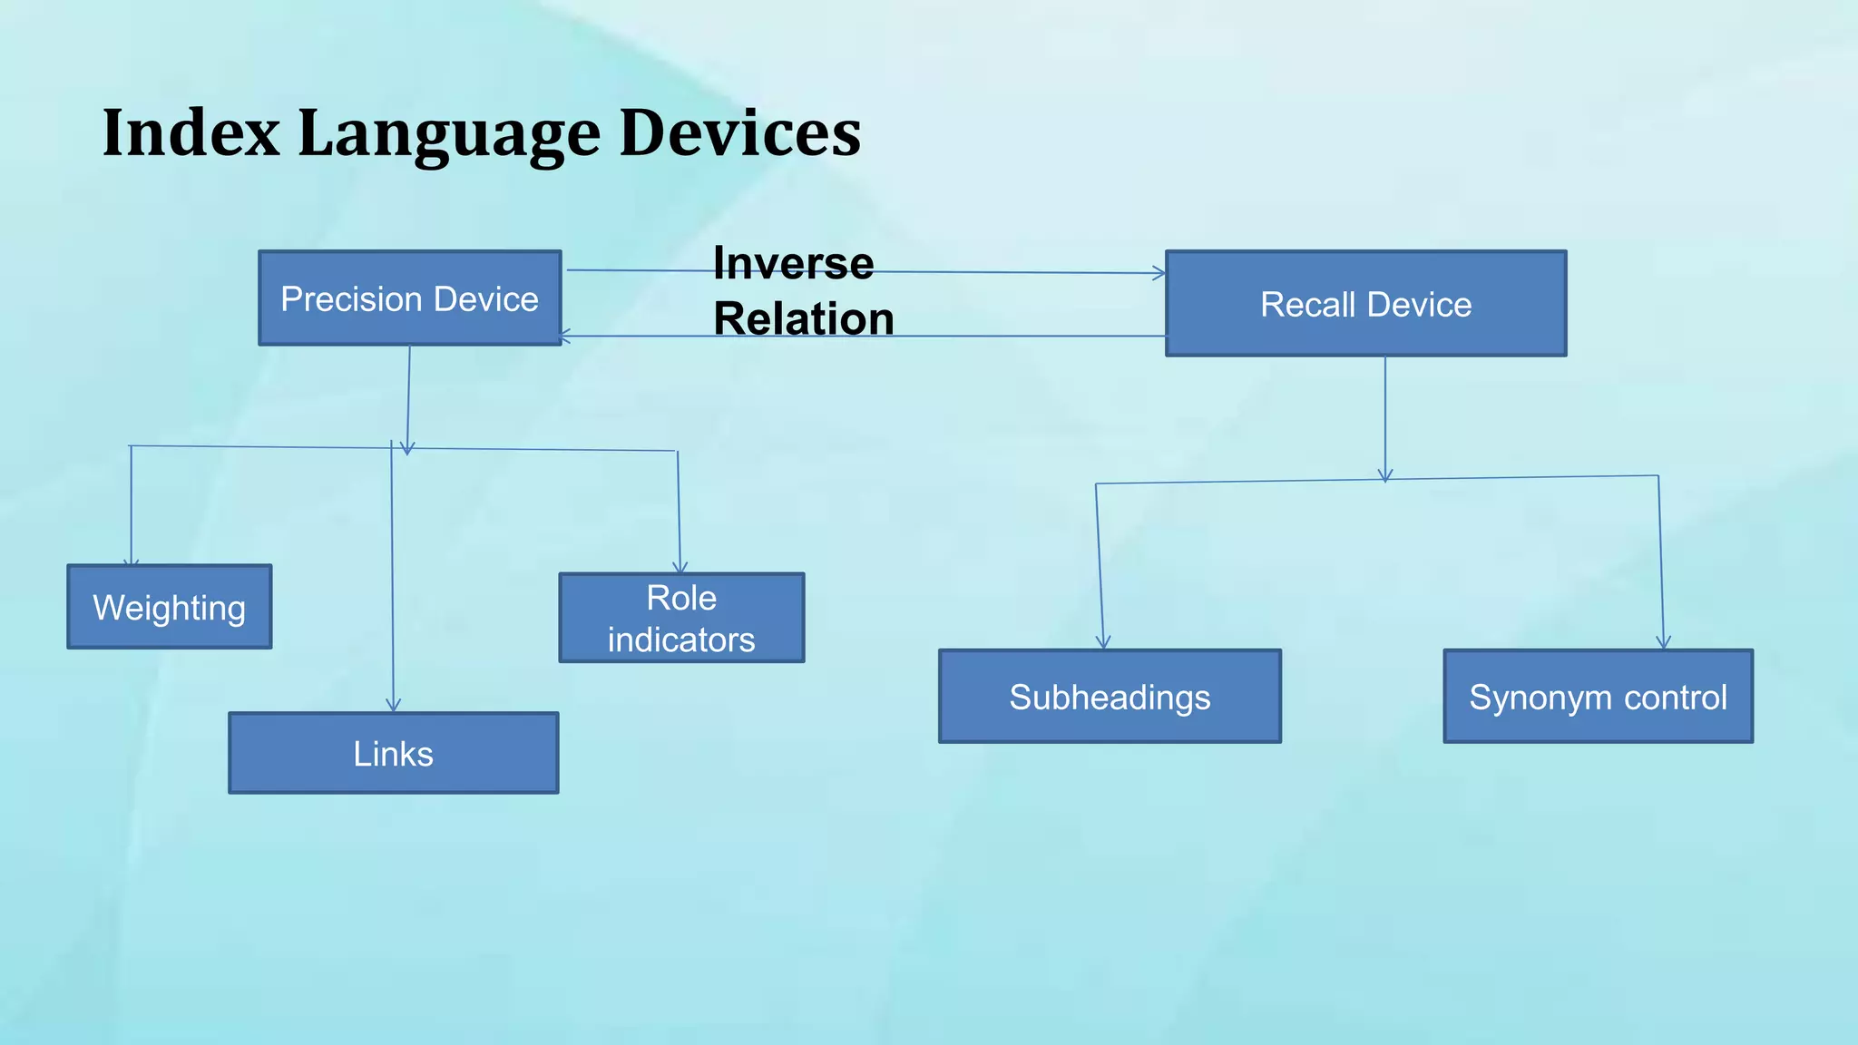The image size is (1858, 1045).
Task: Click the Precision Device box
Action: (409, 298)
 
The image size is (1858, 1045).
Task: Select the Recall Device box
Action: (1365, 304)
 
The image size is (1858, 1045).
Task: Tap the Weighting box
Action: (170, 607)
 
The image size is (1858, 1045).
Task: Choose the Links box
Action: (393, 753)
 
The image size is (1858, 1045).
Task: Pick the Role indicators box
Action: (681, 618)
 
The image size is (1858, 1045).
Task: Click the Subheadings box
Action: (1110, 697)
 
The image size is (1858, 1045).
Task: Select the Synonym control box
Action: (1598, 697)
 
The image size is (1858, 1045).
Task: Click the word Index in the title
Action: (191, 133)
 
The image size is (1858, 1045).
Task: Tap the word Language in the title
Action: (449, 133)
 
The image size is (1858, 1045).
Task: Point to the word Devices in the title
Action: (740, 133)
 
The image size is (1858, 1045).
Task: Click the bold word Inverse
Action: (794, 263)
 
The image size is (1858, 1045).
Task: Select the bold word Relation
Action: (804, 319)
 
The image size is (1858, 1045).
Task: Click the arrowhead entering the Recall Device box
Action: (1159, 273)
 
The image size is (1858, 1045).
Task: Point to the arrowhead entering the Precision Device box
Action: (564, 337)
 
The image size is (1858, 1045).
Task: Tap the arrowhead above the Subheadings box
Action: (1103, 643)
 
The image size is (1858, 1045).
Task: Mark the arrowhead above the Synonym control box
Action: (1663, 643)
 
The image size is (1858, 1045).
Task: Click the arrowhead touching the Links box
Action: (393, 706)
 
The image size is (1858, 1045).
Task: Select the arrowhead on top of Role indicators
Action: (680, 568)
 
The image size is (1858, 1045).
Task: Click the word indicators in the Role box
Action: (681, 640)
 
